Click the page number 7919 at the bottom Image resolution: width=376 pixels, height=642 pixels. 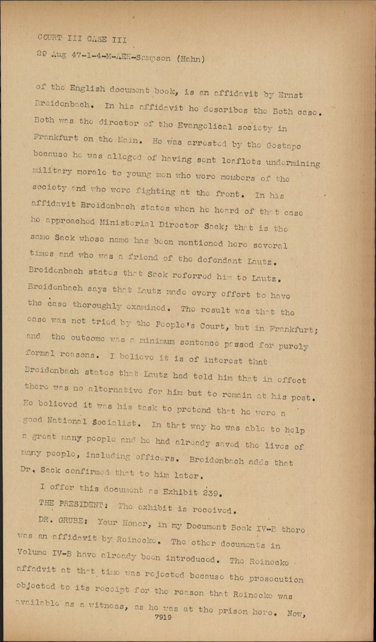coord(163,618)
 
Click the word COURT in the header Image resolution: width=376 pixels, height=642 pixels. coord(50,38)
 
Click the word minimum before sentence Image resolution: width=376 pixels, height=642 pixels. coord(157,342)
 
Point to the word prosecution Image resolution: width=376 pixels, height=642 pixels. coord(276,579)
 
